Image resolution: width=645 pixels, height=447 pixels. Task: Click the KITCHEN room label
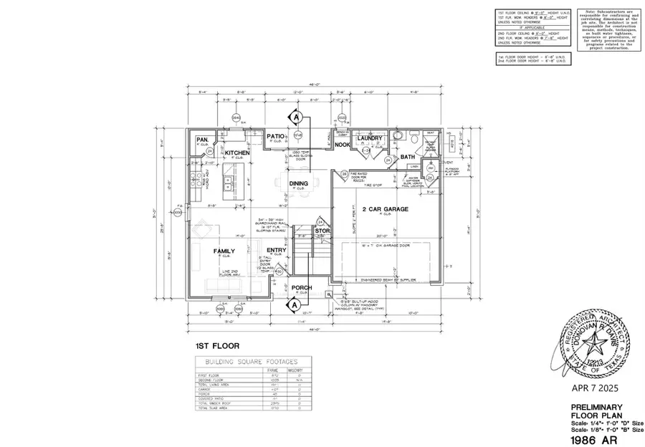coord(236,153)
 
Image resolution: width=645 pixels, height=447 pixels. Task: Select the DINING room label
coord(298,183)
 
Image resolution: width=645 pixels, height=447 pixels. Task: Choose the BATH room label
coord(408,156)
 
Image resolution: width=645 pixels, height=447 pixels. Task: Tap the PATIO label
coord(276,135)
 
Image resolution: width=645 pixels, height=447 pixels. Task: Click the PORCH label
coord(302,287)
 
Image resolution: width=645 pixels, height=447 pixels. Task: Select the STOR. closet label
coord(322,231)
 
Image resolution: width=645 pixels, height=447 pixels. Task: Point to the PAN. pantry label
coord(203,139)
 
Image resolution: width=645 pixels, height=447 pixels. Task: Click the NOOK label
coord(343,145)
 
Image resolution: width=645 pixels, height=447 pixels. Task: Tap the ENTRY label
coord(275,250)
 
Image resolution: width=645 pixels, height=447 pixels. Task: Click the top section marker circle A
coord(295,116)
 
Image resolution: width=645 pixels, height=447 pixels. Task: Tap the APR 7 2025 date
coord(590,388)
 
